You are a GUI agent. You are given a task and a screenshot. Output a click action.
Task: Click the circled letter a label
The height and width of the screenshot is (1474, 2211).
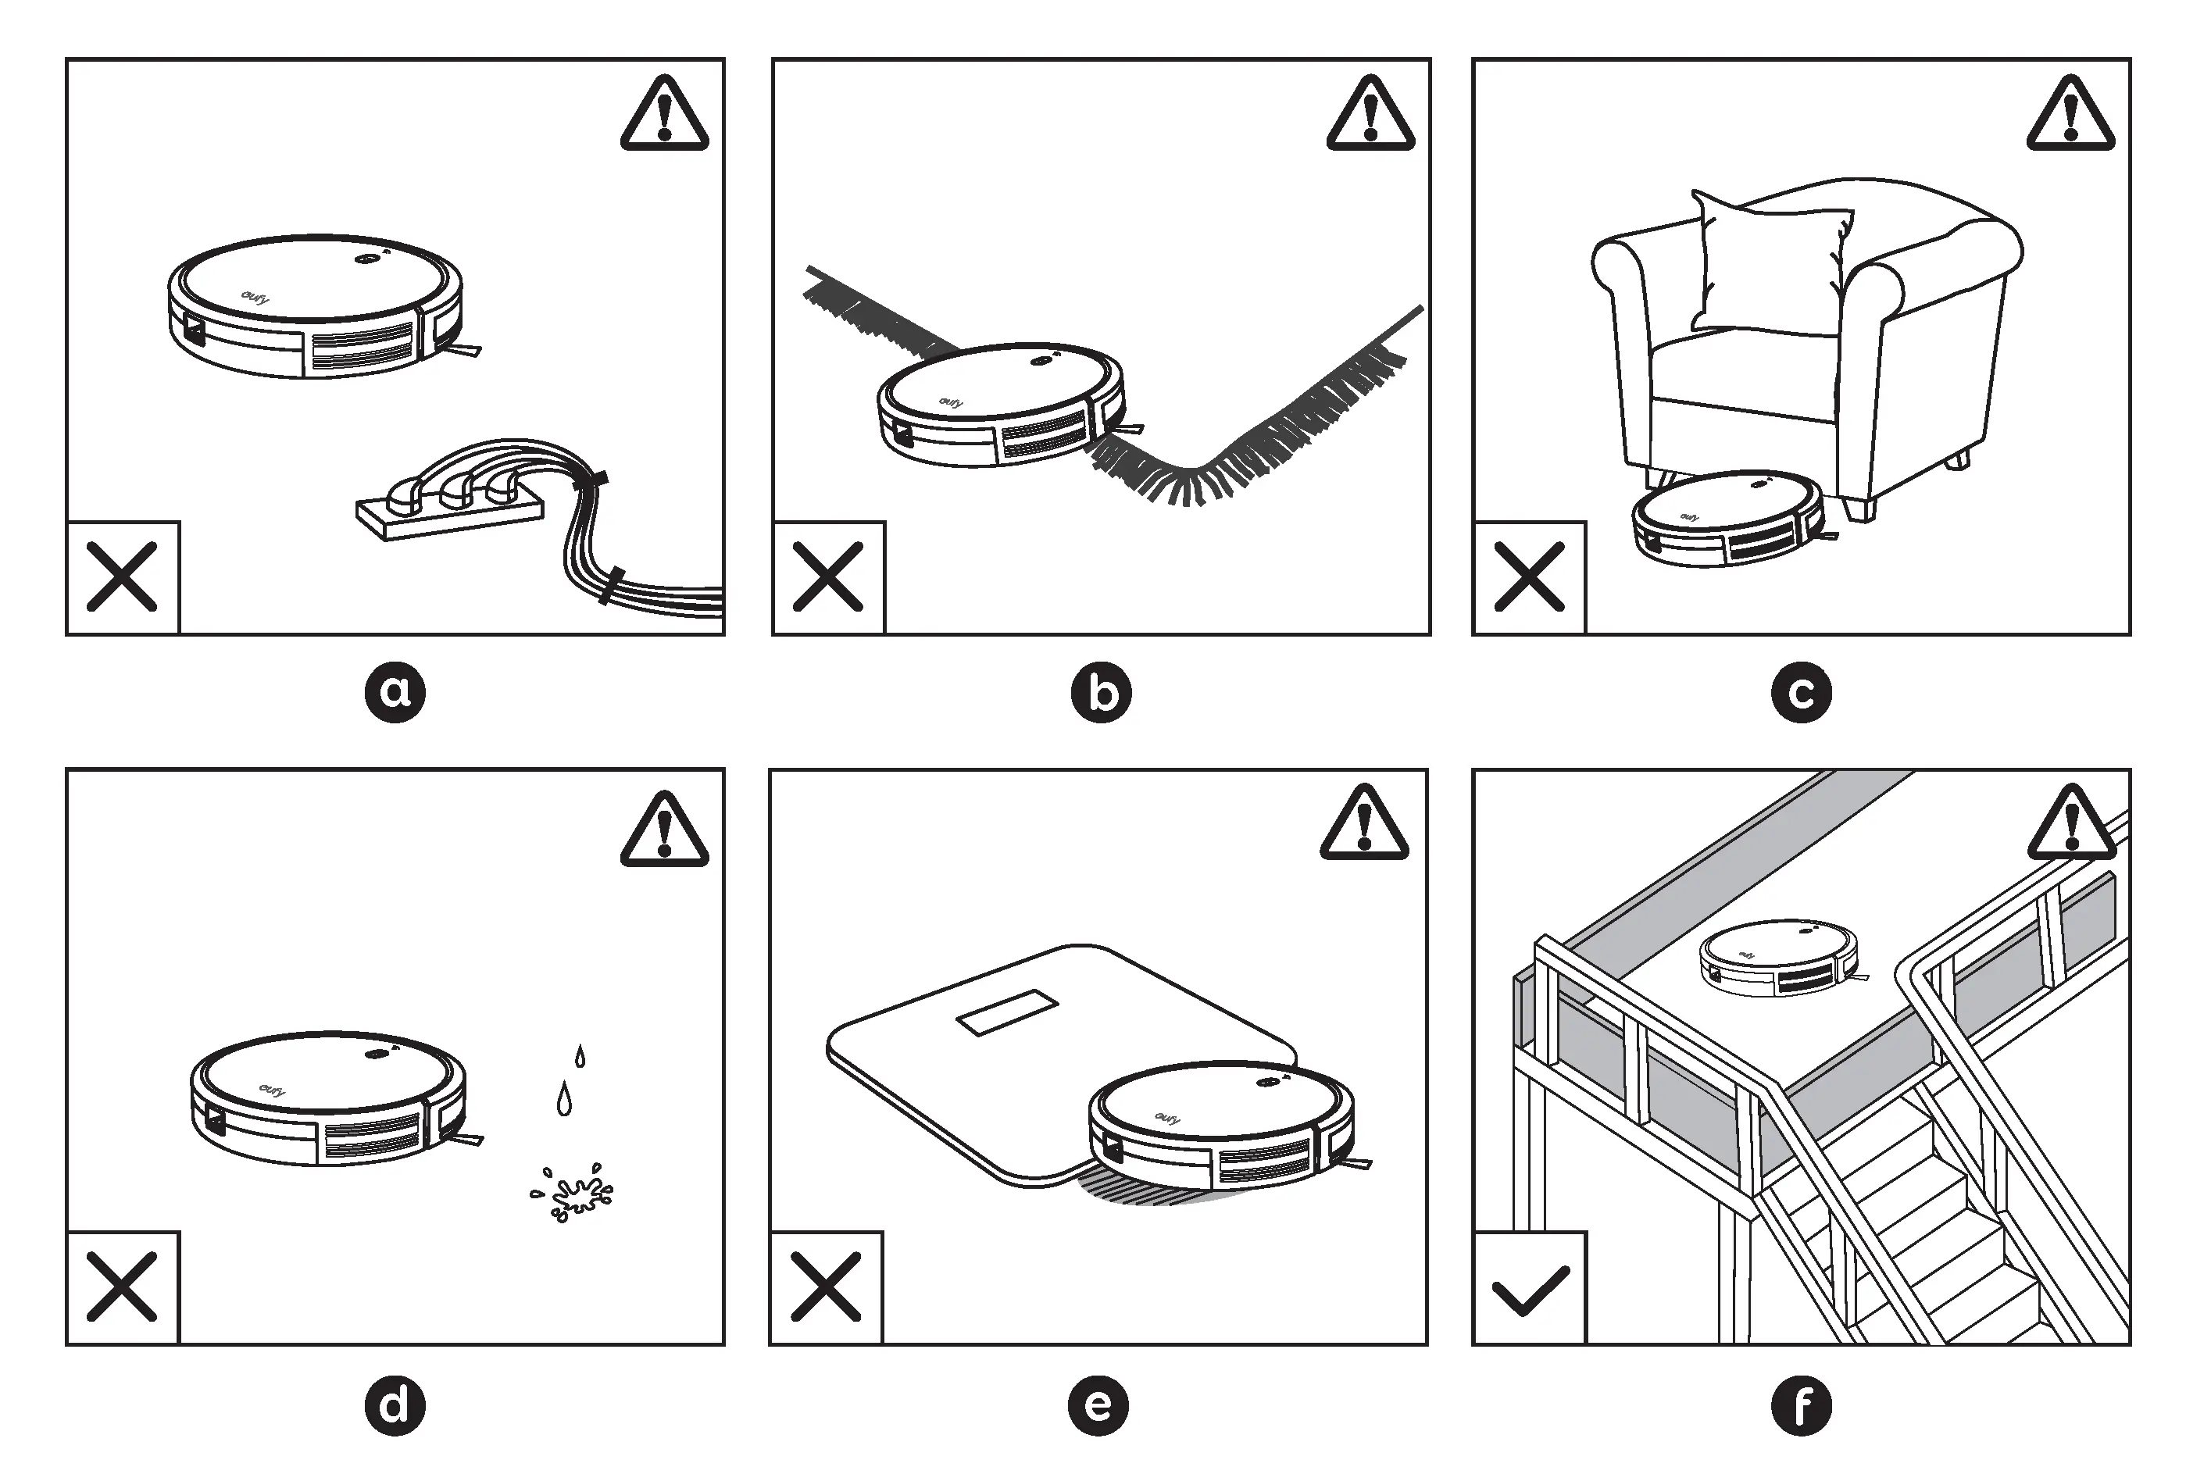coord(395,693)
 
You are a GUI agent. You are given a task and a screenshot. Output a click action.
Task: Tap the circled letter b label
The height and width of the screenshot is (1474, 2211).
coord(1101,693)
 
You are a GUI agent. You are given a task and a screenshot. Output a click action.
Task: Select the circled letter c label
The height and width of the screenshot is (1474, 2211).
coord(1801,693)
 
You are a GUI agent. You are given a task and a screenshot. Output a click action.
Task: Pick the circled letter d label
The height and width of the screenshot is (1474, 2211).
coord(395,1405)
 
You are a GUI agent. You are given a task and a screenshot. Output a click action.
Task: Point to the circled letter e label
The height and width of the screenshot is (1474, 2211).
coord(1098,1405)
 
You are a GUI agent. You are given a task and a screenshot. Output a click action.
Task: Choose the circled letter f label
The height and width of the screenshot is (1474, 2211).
coord(1801,1405)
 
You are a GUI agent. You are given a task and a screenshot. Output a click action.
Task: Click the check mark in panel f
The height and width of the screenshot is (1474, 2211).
coord(1531,1290)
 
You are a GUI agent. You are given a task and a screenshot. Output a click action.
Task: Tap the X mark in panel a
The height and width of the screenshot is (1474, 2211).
coord(122,577)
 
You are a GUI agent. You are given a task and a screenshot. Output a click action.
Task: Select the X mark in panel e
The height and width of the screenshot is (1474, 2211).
coord(827,1287)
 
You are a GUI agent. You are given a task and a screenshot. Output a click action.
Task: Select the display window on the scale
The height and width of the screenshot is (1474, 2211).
coord(1007,1012)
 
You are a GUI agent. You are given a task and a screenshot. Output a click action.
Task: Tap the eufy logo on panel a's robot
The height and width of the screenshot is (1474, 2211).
coord(255,298)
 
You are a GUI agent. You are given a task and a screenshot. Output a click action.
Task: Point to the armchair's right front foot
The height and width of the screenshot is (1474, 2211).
coord(1859,509)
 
